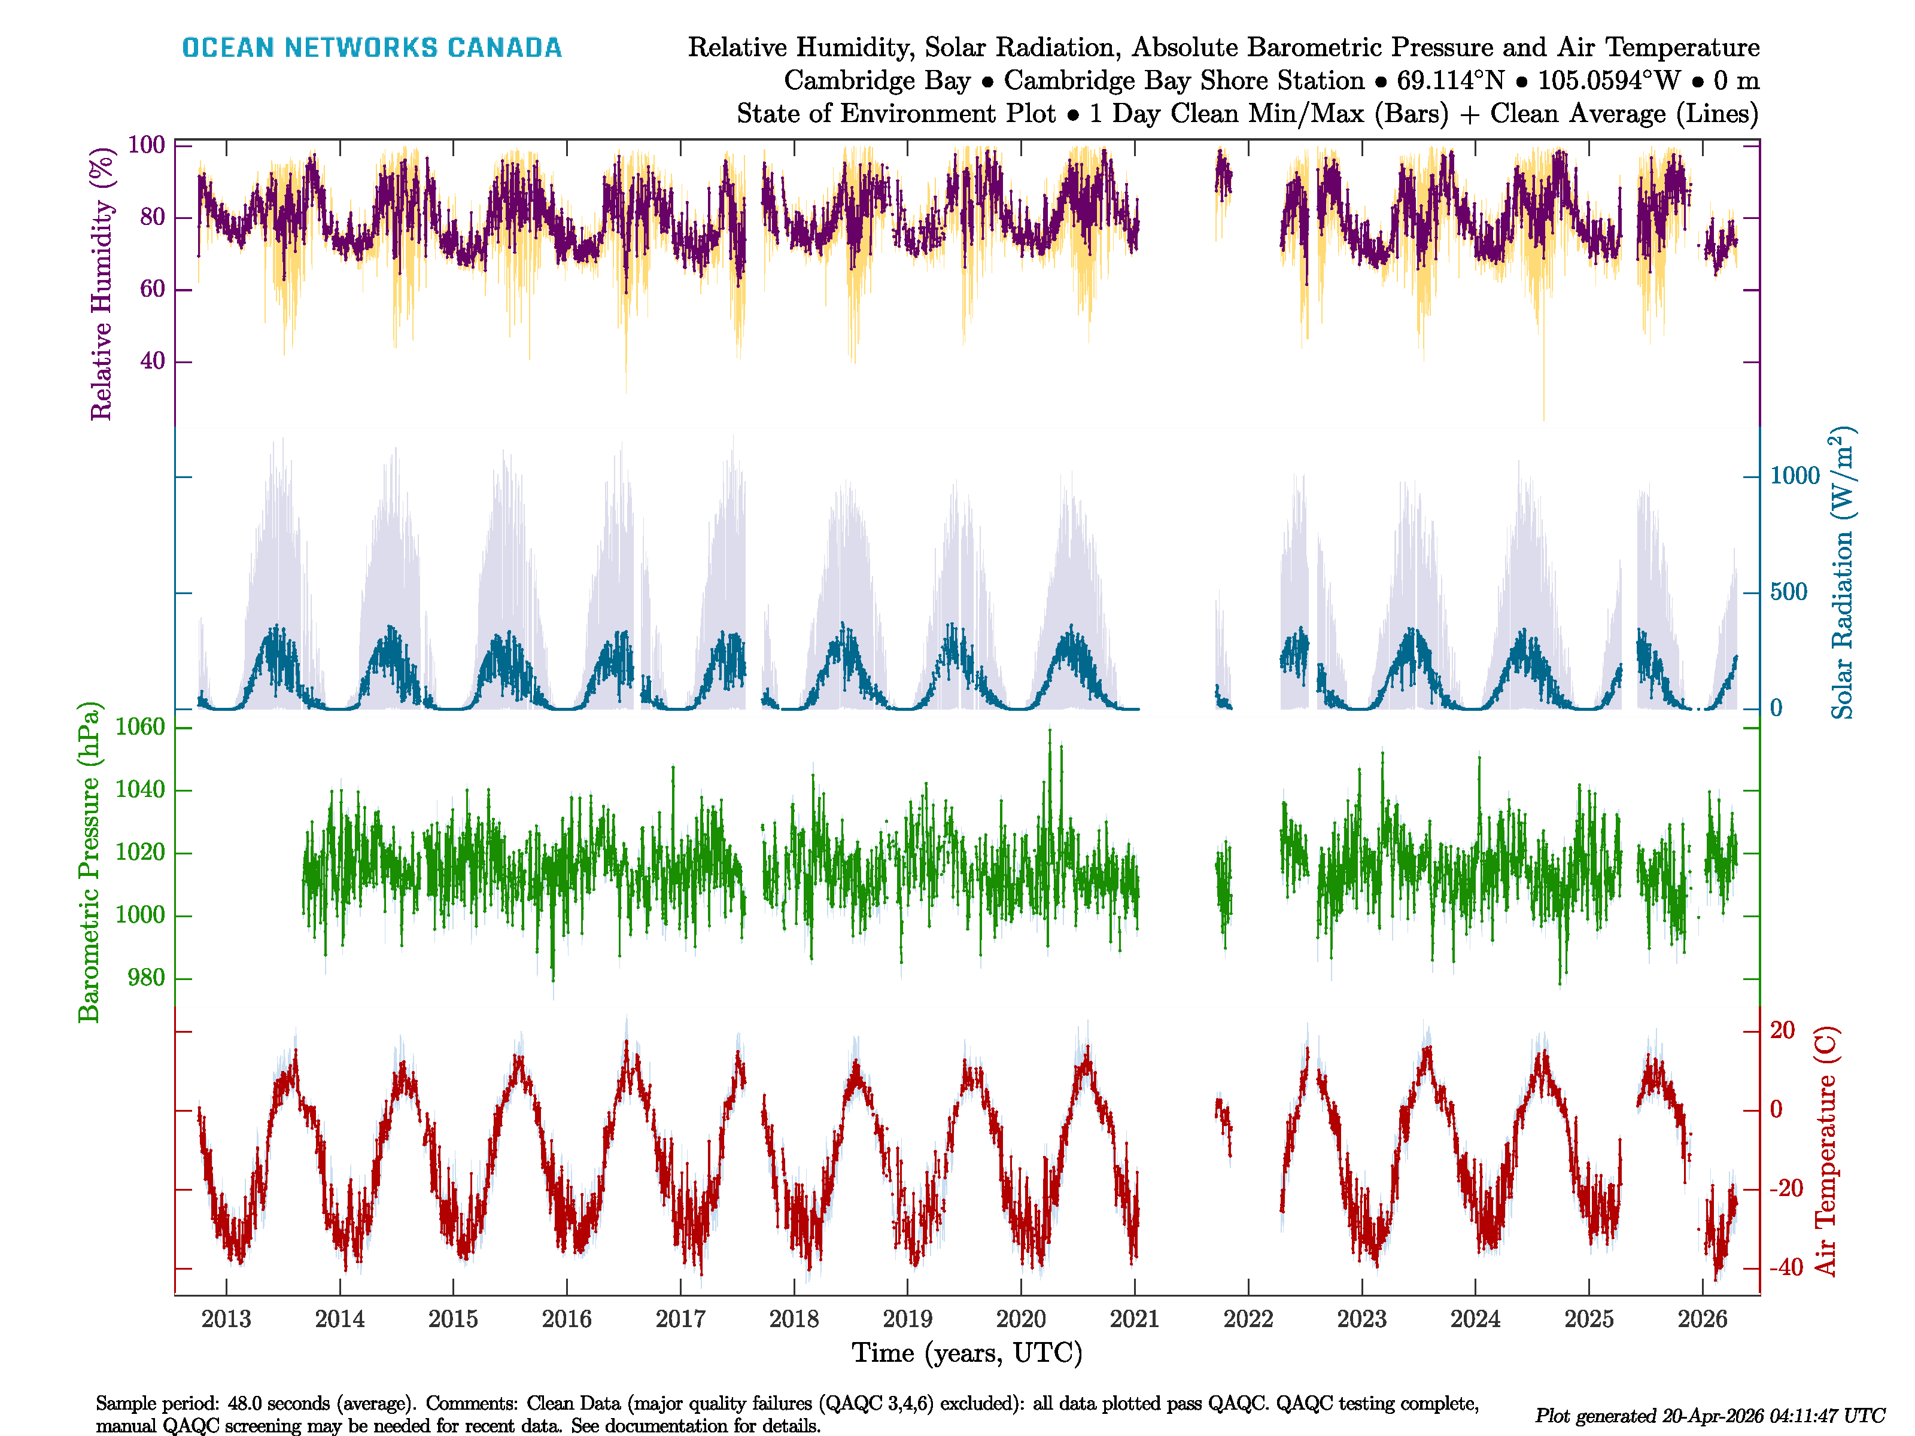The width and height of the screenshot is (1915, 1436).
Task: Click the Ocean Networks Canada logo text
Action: (372, 48)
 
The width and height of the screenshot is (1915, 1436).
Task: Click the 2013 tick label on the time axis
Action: (226, 1319)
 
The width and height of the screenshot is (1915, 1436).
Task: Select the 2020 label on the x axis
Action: (1021, 1319)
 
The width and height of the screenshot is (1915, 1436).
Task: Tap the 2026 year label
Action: (1702, 1319)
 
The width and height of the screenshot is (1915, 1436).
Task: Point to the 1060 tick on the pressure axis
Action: (139, 727)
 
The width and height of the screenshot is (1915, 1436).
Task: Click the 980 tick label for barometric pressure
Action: (145, 978)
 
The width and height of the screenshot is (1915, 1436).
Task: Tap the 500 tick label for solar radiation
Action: (1789, 592)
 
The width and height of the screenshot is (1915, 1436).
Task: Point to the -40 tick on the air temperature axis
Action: (1785, 1268)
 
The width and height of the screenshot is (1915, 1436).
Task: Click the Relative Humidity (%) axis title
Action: (102, 284)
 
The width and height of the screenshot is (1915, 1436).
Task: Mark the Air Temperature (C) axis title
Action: (1825, 1151)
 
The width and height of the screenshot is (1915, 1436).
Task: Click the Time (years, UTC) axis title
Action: (967, 1353)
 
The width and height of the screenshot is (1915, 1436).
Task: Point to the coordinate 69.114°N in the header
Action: (1450, 81)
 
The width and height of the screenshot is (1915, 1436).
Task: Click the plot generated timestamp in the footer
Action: (1709, 1416)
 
